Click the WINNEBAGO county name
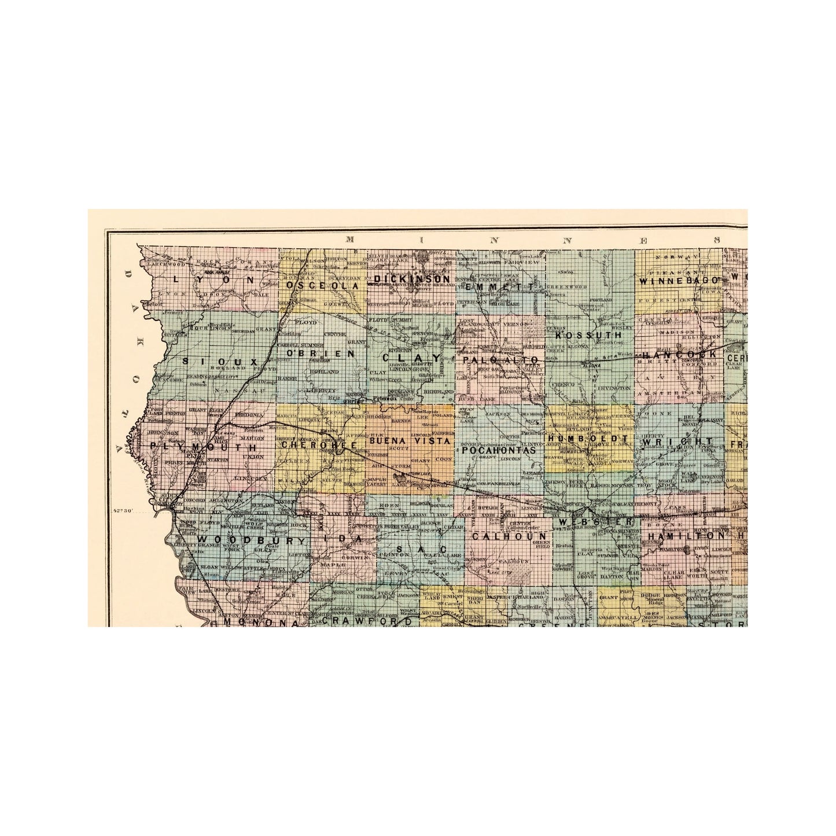pos(678,281)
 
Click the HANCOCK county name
pos(679,354)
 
